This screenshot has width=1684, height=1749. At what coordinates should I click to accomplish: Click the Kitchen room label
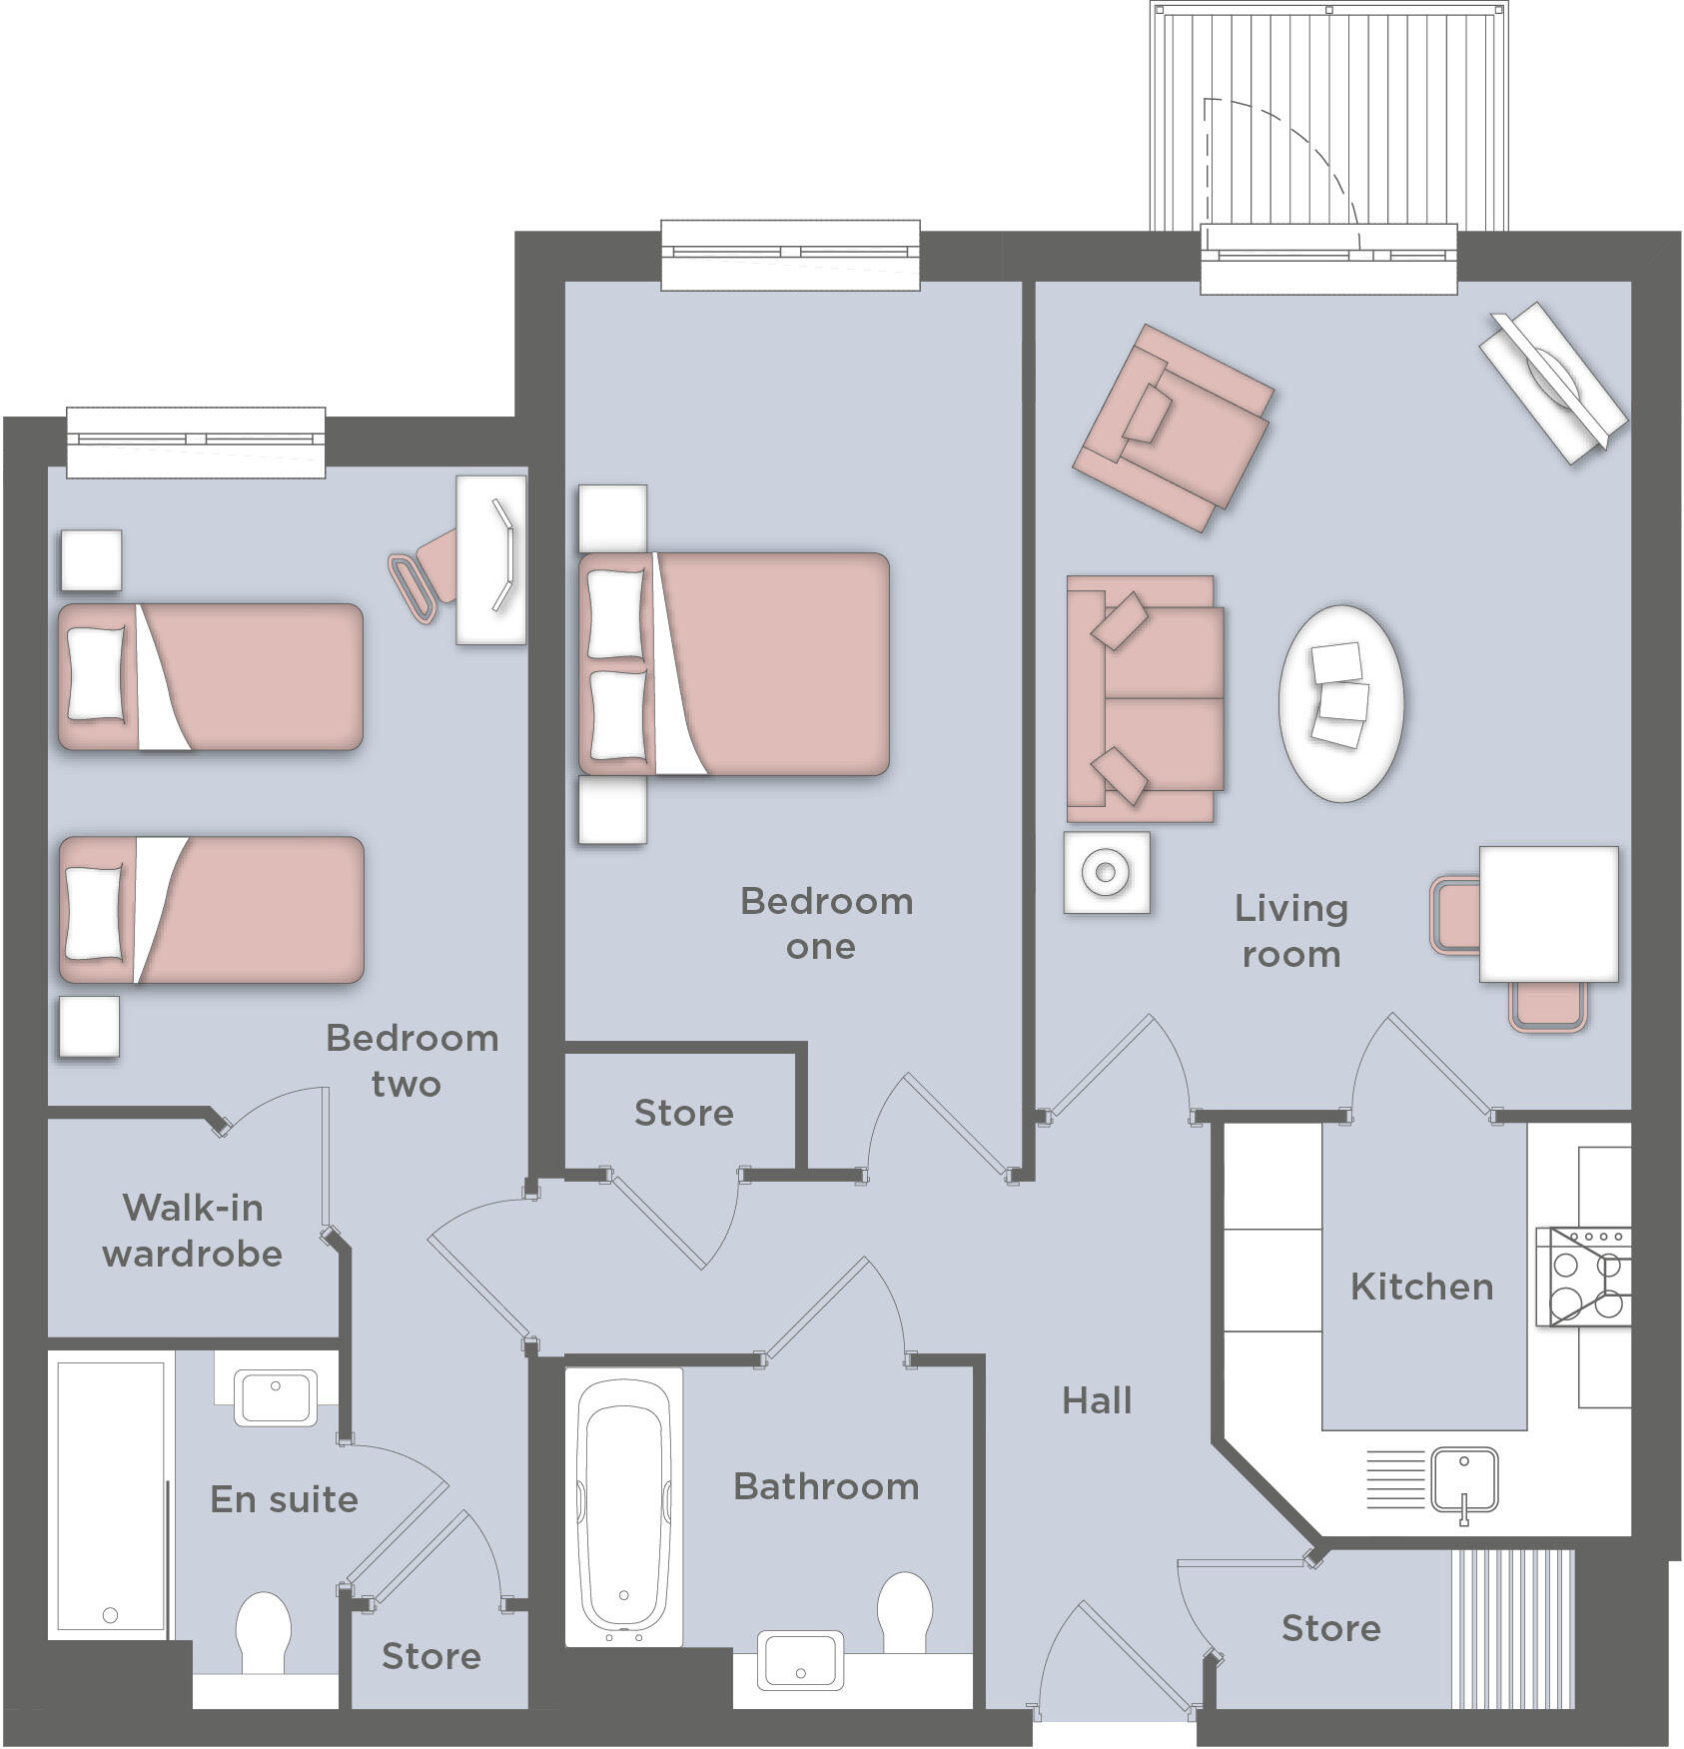1421,1288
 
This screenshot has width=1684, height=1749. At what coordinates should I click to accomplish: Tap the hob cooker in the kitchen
1584,1278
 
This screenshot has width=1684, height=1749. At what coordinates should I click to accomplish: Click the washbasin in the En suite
275,1397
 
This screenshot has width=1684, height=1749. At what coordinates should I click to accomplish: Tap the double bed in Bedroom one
734,664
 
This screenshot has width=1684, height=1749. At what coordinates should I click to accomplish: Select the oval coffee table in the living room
1340,702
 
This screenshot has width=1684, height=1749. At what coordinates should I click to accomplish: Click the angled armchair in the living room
1173,428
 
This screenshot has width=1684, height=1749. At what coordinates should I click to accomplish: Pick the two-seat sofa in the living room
1145,698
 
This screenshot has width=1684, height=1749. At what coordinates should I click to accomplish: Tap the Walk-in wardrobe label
193,1231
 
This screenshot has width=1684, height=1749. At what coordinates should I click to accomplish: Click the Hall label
1097,1401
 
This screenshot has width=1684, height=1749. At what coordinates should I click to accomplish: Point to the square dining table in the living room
1548,914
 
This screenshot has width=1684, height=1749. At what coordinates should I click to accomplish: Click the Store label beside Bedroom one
684,1113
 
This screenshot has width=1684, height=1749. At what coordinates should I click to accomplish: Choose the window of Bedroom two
196,439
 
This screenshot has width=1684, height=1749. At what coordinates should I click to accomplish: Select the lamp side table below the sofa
1106,872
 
